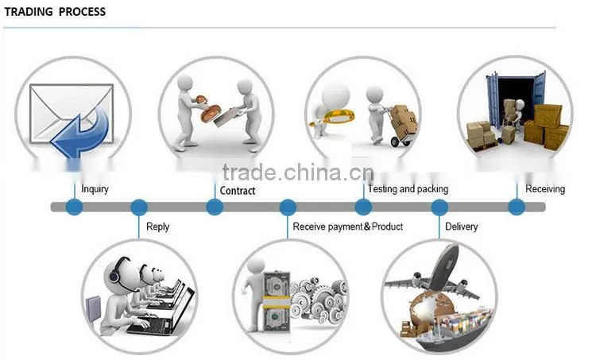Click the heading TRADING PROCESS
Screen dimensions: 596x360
tap(55, 12)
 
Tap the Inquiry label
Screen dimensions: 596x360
tap(95, 189)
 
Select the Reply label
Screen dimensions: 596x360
tap(158, 227)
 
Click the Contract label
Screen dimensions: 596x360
tap(237, 191)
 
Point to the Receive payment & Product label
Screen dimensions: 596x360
tap(348, 226)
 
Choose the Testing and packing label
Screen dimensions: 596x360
tap(408, 189)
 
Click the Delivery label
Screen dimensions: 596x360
tap(462, 227)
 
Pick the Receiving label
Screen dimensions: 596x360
tap(545, 189)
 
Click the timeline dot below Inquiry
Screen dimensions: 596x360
tap(74, 207)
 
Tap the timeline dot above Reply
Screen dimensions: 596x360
tap(139, 207)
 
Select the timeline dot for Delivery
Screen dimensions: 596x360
tap(439, 207)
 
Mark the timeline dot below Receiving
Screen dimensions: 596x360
tap(517, 207)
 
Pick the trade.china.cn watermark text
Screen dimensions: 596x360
tap(298, 172)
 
